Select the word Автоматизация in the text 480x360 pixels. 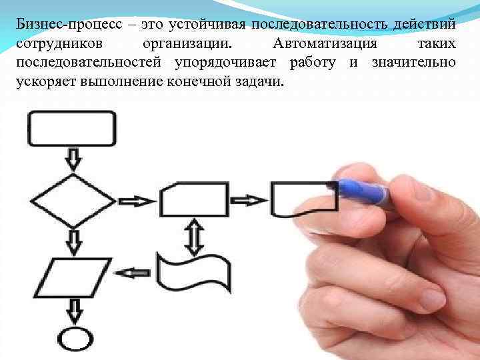[324, 43]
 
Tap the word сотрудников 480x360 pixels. [57, 43]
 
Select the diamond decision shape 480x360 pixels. [72, 200]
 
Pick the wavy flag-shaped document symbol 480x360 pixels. [193, 272]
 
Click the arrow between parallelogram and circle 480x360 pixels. [72, 309]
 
